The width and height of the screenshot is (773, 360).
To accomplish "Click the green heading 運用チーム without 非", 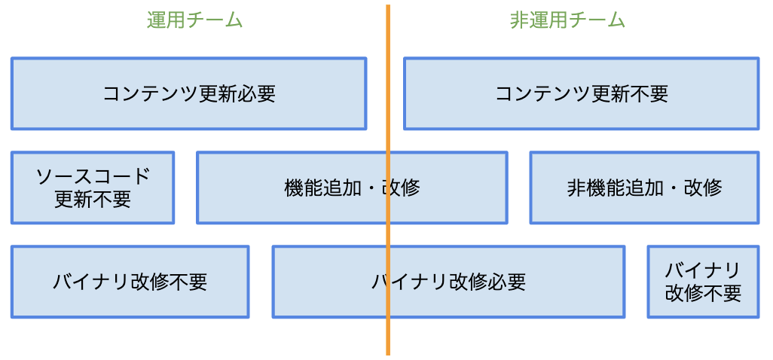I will pos(194,20).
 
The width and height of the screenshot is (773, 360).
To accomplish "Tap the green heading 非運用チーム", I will pos(567,20).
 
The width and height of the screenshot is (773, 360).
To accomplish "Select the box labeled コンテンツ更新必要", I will pos(188,93).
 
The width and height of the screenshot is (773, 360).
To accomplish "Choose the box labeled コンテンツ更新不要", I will pos(581,93).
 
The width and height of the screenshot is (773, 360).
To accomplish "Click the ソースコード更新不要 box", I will pos(93,188).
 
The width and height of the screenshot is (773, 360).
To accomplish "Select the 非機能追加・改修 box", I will pos(644,188).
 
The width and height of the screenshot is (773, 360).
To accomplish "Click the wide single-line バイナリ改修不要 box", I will pos(130,282).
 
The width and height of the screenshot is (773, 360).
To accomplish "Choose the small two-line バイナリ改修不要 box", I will pos(703,282).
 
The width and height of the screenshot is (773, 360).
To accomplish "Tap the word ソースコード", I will pos(93,177).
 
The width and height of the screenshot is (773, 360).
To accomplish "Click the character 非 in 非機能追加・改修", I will pos(576,188).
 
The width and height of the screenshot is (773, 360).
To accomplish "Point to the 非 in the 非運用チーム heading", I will pos(519,20).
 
